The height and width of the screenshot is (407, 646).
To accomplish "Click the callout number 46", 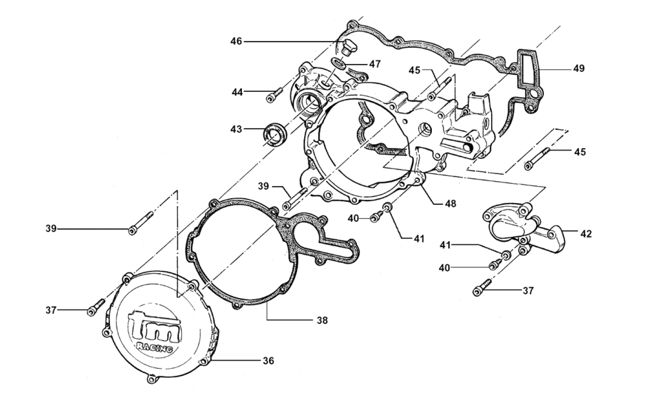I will click(x=236, y=41).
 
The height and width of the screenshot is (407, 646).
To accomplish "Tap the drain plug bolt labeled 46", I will click(x=349, y=46).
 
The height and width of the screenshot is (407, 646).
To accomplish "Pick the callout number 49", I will click(x=579, y=69).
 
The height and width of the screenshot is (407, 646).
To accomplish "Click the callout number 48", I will click(x=450, y=203).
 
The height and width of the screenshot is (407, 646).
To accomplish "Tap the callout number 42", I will click(x=586, y=234).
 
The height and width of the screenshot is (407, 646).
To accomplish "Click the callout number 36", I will click(x=269, y=361).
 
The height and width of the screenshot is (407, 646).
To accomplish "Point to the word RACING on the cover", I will click(x=155, y=347).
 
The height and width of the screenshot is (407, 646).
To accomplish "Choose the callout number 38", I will click(x=322, y=320).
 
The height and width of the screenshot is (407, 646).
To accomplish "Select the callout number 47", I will click(x=375, y=64).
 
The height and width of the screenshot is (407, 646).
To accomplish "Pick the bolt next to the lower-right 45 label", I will click(x=538, y=158).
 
